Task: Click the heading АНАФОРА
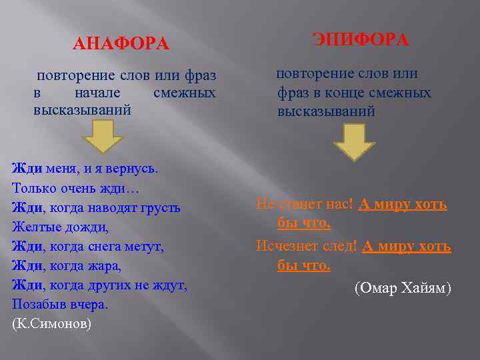(x=120, y=45)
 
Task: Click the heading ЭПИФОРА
(x=361, y=40)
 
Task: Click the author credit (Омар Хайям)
(x=403, y=288)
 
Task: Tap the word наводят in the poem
(x=108, y=207)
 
